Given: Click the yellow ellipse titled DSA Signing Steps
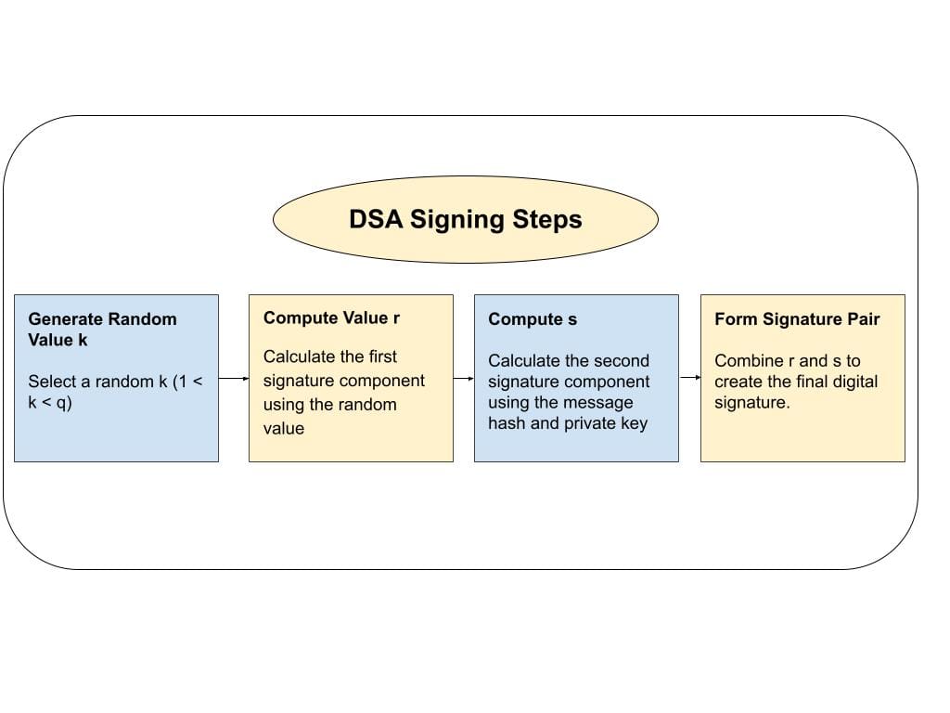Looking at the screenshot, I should pos(465,220).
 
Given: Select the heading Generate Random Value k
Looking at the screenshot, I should pos(102,330).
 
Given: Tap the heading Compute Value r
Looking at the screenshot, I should pos(331,318).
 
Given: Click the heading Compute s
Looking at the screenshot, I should pos(533,319).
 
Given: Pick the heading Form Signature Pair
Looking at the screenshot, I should pos(797,319).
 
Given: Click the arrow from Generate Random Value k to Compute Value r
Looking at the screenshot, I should pos(234,379).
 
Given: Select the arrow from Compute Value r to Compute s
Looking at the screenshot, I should pos(464,379).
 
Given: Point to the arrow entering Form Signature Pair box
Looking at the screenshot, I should pos(689,378).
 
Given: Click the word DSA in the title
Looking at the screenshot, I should pos(376,220).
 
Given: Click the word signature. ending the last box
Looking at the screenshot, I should pos(752,403).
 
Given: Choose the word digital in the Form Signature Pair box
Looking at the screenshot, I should pos(851,382).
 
